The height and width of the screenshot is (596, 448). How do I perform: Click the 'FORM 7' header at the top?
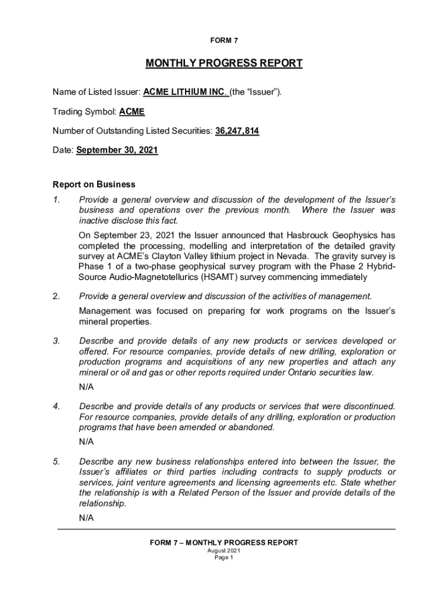pyautogui.click(x=224, y=40)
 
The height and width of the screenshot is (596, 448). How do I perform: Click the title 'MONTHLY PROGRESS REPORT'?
pyautogui.click(x=224, y=63)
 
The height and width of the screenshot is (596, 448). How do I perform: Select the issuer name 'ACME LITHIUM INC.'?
pyautogui.click(x=186, y=92)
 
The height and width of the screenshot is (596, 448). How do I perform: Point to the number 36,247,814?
pyautogui.click(x=237, y=131)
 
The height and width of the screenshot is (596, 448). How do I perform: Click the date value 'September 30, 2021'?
pyautogui.click(x=117, y=150)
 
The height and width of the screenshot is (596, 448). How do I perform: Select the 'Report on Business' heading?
pyautogui.click(x=94, y=185)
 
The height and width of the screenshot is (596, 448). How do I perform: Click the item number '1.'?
pyautogui.click(x=56, y=200)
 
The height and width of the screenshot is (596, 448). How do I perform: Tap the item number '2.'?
pyautogui.click(x=56, y=296)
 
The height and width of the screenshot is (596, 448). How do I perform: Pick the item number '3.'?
pyautogui.click(x=56, y=340)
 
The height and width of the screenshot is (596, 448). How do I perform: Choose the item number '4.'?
pyautogui.click(x=56, y=406)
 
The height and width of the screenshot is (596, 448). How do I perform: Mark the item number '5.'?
pyautogui.click(x=56, y=462)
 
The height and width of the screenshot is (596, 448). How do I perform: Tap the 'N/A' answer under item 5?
pyautogui.click(x=86, y=517)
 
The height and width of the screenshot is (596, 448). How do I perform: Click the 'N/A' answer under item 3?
pyautogui.click(x=86, y=387)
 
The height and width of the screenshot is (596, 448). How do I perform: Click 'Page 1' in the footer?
pyautogui.click(x=224, y=558)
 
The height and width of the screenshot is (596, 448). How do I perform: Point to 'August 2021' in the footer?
pyautogui.click(x=224, y=551)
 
